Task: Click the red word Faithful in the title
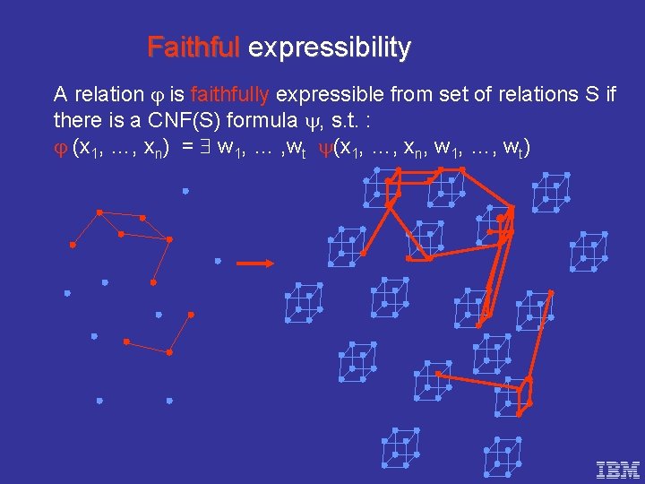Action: pyautogui.click(x=193, y=47)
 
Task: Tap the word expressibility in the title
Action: pyautogui.click(x=329, y=48)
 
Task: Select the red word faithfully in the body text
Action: pyautogui.click(x=232, y=94)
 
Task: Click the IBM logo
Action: pyautogui.click(x=618, y=468)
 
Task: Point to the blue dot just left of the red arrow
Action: pyautogui.click(x=218, y=261)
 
